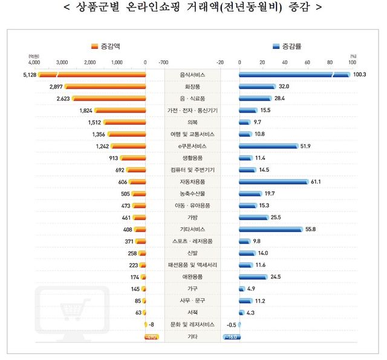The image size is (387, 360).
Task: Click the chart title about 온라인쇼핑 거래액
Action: (x=193, y=8)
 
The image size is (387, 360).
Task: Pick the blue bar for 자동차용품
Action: (x=273, y=182)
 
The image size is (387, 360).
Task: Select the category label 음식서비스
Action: (x=192, y=74)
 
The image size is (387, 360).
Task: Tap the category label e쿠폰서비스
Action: (x=192, y=146)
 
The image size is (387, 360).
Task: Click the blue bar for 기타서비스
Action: (x=270, y=229)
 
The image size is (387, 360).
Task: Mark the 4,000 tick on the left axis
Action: (x=33, y=62)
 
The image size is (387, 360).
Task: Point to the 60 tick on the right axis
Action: (x=307, y=62)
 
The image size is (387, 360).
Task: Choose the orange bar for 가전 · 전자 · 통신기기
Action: (x=120, y=110)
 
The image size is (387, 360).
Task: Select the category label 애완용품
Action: (x=192, y=277)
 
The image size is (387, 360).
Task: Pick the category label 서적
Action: (x=192, y=312)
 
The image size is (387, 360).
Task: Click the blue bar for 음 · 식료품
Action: (x=255, y=98)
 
